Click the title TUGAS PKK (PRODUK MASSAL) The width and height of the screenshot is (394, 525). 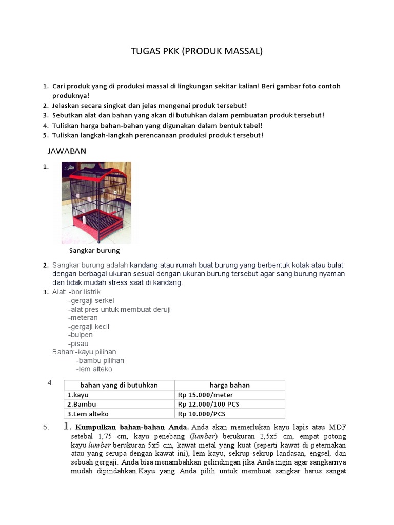[196, 51]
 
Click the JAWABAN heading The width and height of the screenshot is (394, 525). [67, 151]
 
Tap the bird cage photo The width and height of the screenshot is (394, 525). [96, 203]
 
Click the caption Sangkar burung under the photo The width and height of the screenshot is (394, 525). [94, 251]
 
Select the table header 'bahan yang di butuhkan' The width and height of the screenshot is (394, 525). [119, 385]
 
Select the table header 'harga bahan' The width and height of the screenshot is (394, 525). [229, 385]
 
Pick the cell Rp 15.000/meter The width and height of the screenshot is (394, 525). [205, 395]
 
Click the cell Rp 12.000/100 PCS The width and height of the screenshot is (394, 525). [208, 404]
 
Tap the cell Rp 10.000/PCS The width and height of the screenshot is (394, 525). [202, 414]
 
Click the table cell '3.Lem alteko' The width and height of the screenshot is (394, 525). [88, 414]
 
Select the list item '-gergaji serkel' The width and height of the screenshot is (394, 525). [91, 300]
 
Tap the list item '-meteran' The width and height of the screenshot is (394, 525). [83, 318]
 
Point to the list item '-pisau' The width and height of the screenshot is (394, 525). [78, 344]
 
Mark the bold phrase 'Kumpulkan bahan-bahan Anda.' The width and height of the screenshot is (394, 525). [132, 427]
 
